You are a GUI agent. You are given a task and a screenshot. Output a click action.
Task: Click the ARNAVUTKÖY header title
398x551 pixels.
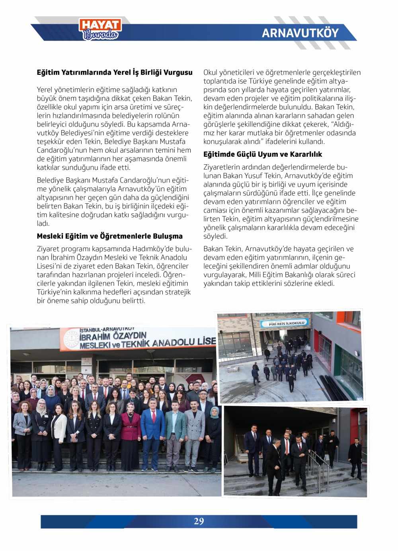tap(300, 33)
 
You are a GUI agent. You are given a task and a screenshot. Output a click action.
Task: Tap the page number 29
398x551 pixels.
tap(199, 521)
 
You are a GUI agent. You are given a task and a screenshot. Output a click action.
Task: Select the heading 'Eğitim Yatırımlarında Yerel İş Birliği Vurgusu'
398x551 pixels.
tap(115, 72)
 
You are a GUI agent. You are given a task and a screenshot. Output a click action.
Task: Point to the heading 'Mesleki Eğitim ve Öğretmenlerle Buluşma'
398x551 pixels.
tap(109, 236)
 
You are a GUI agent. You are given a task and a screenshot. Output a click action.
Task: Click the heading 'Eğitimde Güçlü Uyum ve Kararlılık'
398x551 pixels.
tap(263, 154)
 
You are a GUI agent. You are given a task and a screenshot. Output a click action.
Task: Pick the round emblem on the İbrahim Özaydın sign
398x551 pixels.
tap(71, 339)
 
